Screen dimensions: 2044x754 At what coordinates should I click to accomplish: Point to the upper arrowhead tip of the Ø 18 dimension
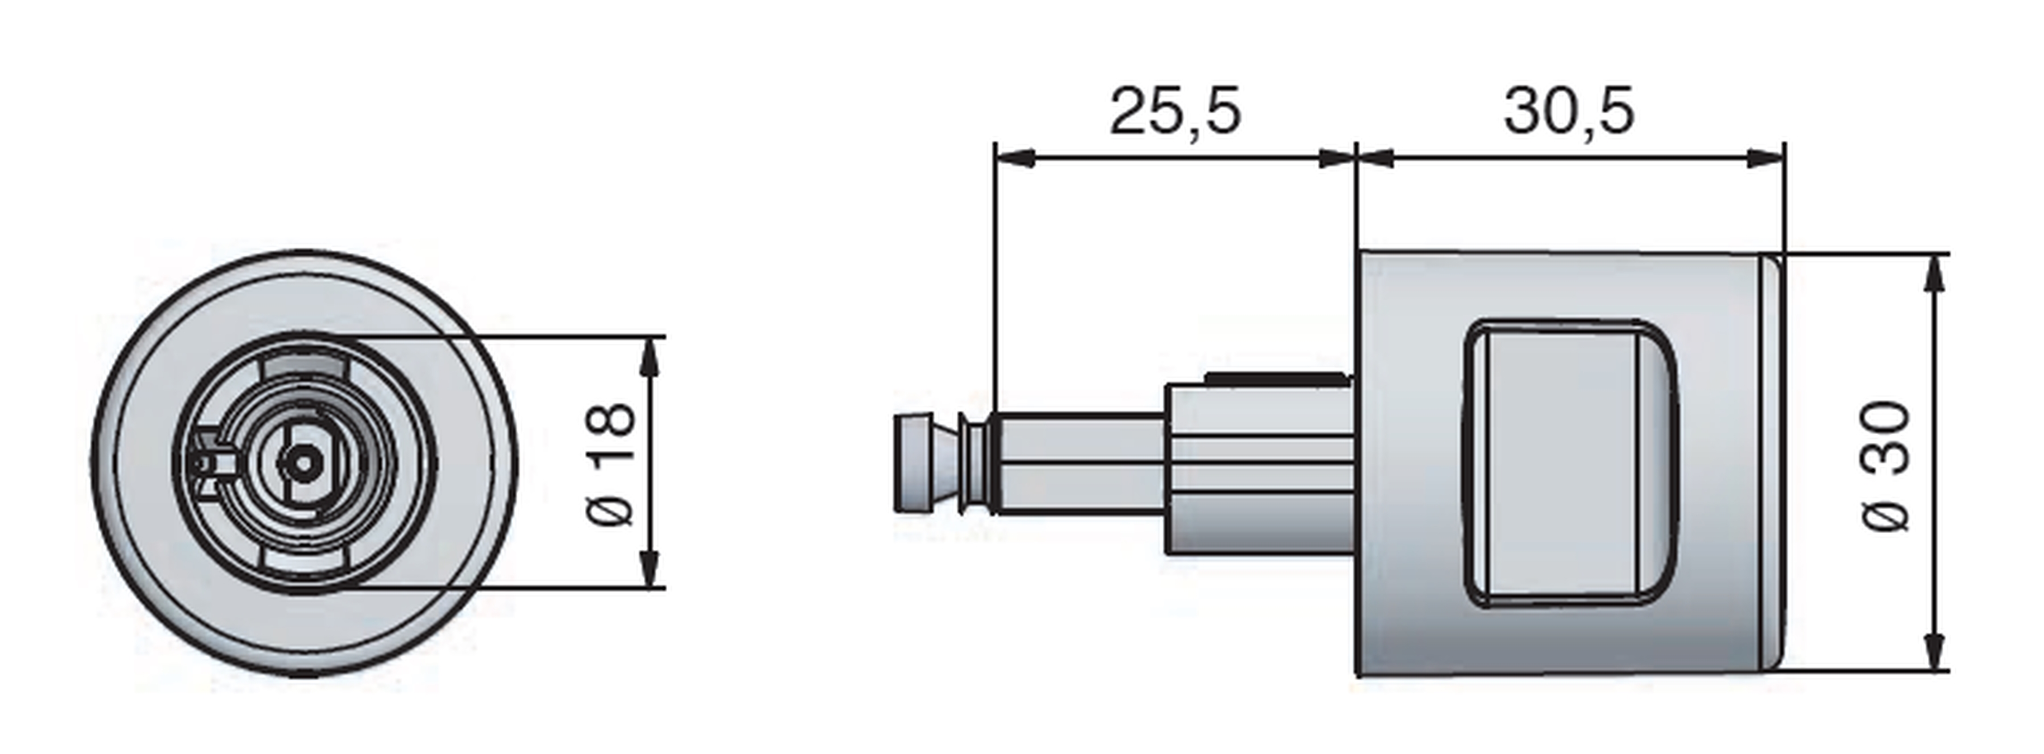(x=651, y=338)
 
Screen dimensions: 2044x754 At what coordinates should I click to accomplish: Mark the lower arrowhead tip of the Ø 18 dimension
(x=651, y=587)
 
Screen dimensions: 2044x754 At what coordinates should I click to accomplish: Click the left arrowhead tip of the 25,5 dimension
(x=996, y=159)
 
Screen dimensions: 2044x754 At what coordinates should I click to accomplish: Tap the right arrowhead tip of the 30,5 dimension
(x=1784, y=159)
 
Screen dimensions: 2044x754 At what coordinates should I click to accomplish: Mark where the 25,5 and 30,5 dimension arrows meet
(x=1356, y=159)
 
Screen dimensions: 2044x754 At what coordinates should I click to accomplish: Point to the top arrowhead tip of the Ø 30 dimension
(x=1935, y=255)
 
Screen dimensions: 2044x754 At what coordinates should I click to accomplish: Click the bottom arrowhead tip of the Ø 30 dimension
(x=1935, y=670)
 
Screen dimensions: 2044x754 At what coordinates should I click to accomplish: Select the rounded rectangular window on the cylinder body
(x=1571, y=463)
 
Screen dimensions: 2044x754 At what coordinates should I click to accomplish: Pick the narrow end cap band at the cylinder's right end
(x=1773, y=462)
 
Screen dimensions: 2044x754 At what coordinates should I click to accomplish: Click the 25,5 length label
(x=1174, y=111)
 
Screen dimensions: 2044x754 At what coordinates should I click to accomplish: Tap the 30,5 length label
(x=1569, y=111)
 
